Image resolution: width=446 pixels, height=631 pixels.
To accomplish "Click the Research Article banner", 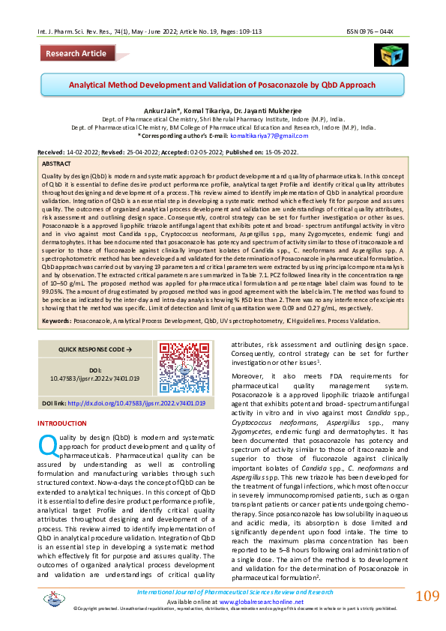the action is [x=76, y=53].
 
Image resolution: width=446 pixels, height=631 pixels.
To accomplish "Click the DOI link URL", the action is [x=136, y=402].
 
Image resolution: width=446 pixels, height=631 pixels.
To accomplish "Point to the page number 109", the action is [x=427, y=597].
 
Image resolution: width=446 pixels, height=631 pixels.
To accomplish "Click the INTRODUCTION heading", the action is [x=62, y=423].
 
